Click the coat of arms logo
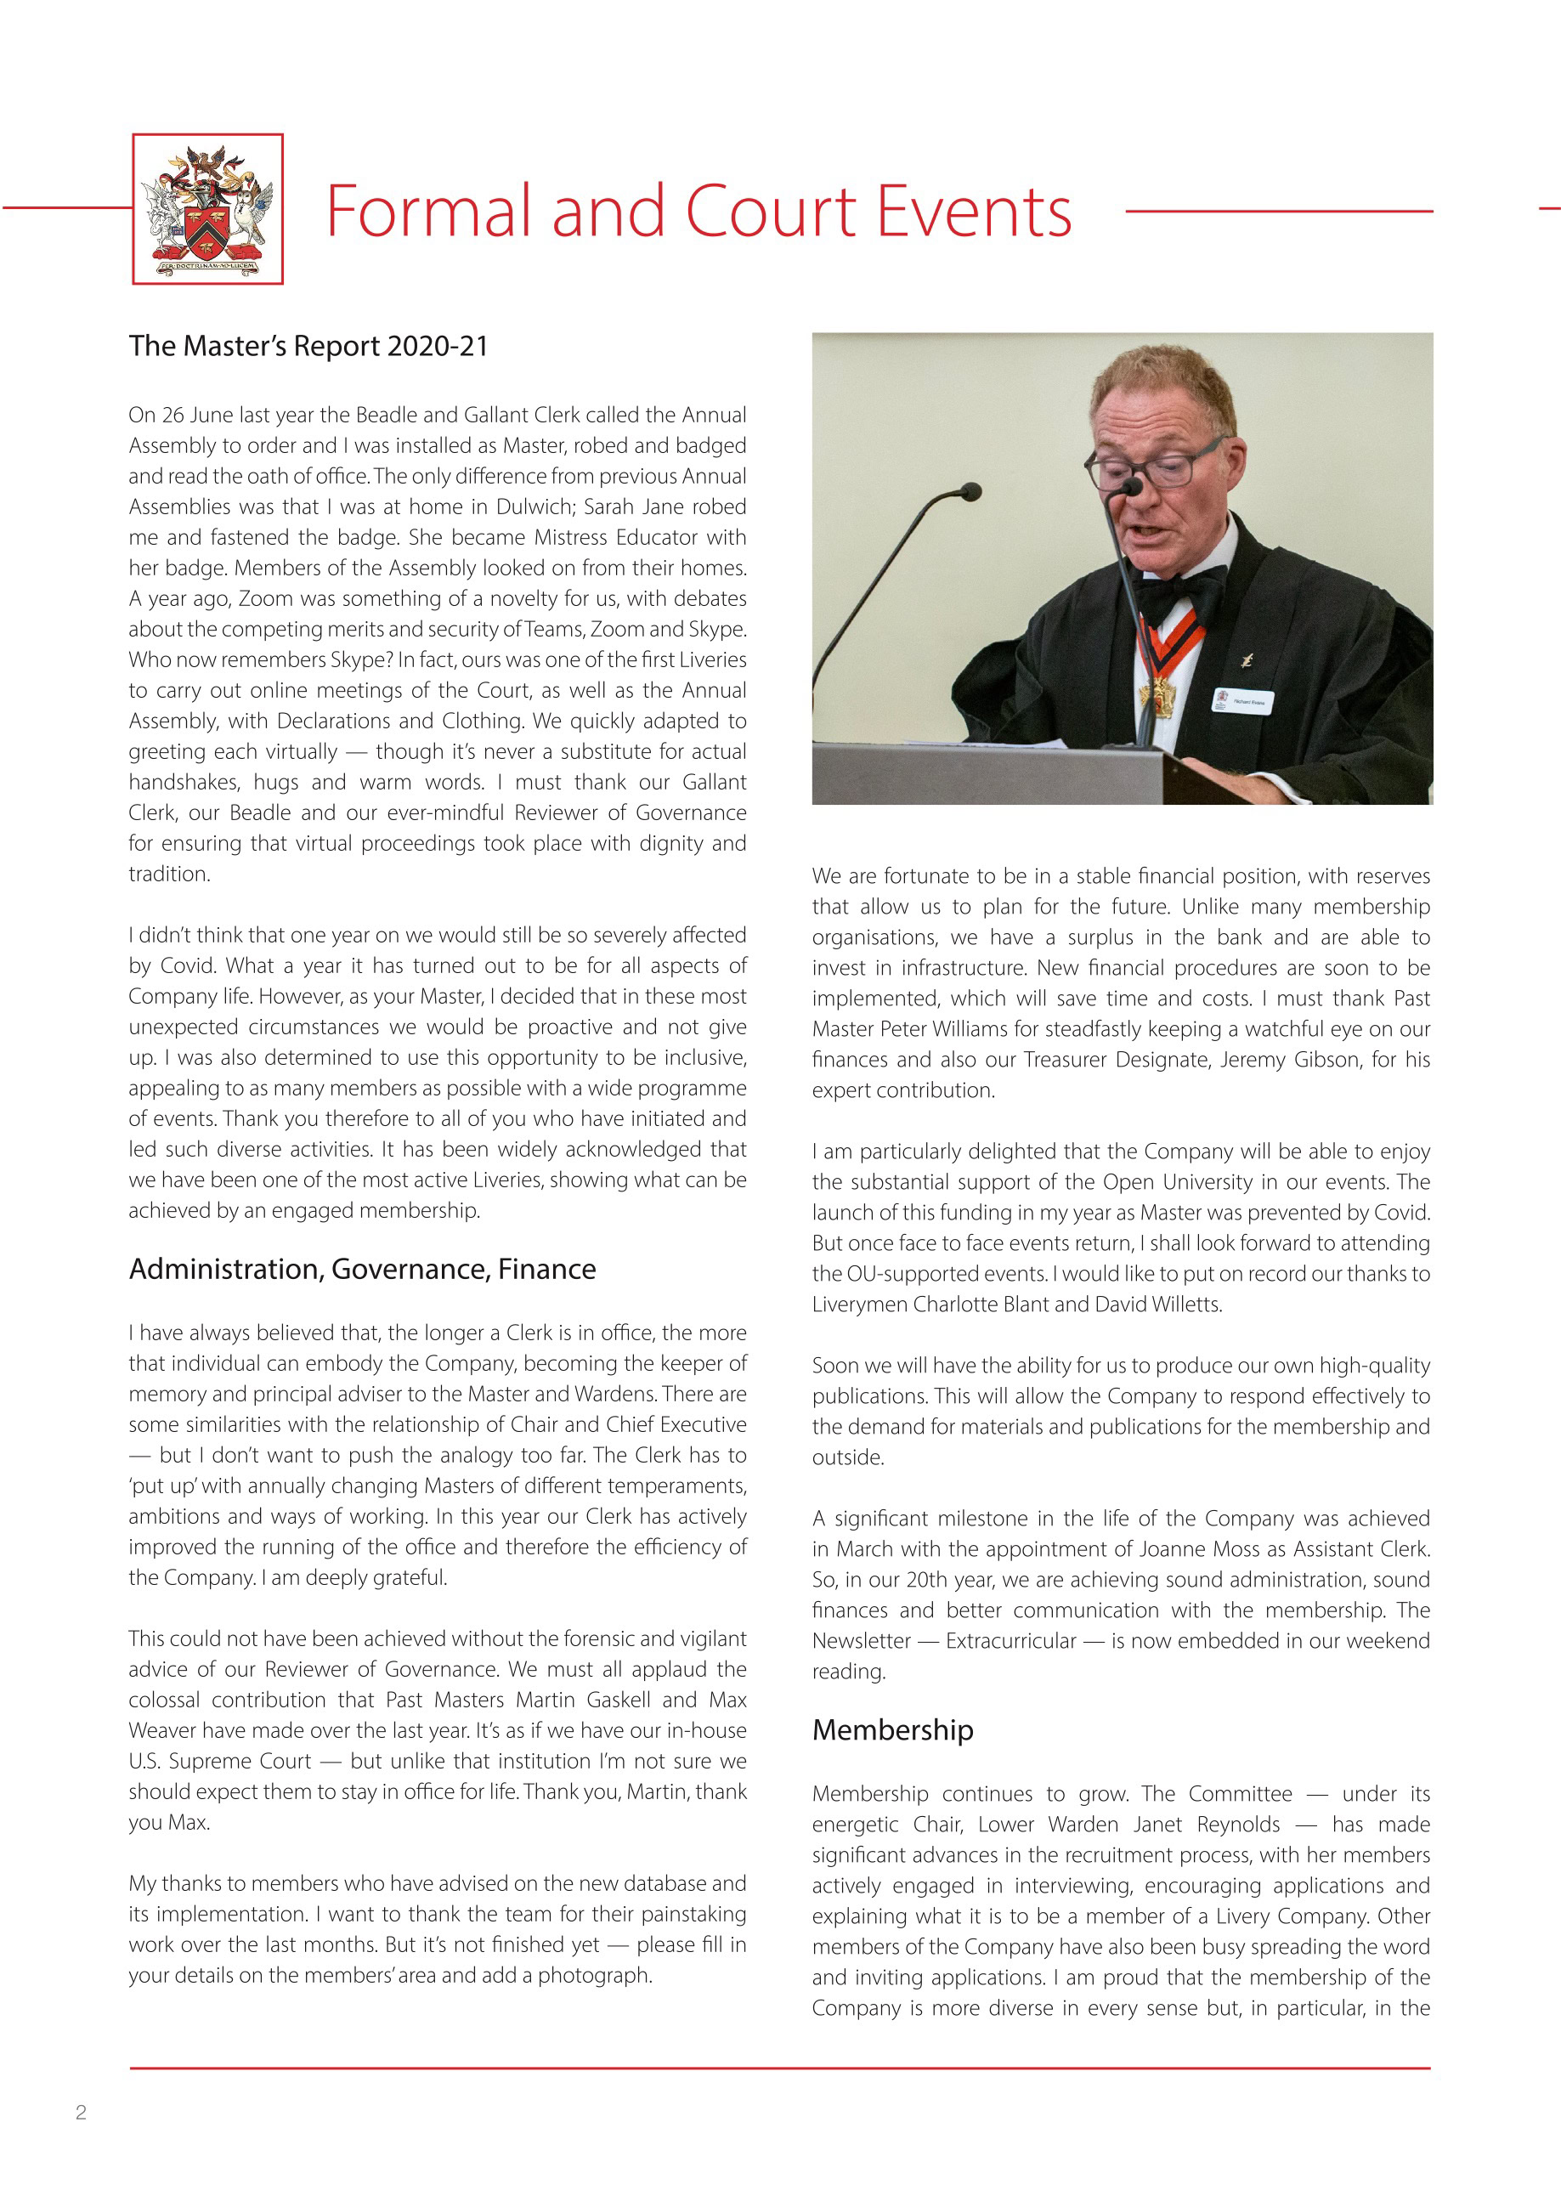point(207,208)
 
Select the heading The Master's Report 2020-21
point(308,346)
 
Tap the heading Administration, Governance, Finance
point(362,1269)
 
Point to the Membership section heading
point(892,1729)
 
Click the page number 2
point(81,2112)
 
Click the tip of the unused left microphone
point(970,492)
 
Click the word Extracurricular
point(1010,1640)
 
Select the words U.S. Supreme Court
point(220,1760)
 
